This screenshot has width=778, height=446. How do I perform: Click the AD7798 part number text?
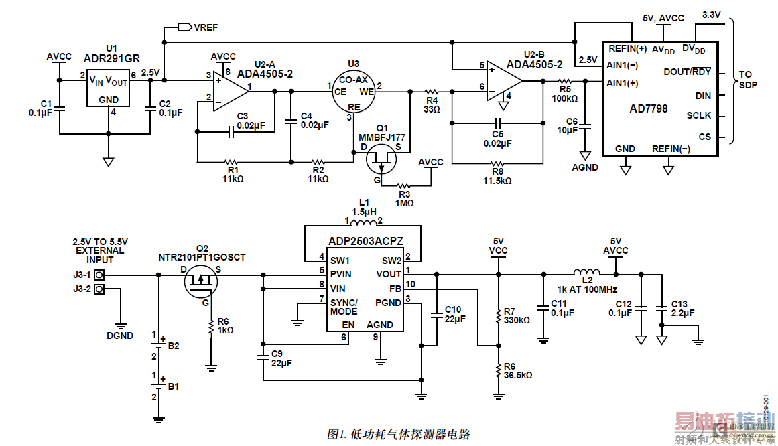coord(649,108)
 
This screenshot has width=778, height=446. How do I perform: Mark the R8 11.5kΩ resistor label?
coord(497,176)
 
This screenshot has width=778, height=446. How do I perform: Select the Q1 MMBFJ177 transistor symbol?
coord(380,160)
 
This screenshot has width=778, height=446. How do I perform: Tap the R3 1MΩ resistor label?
coord(404,199)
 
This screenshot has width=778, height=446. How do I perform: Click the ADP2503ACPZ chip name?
coord(365,240)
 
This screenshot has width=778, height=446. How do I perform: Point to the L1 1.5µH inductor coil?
coord(364,222)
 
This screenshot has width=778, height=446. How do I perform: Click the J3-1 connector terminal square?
coord(100,275)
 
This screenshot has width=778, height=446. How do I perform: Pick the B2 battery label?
coord(174,346)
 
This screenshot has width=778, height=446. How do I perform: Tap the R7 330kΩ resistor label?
coord(516,316)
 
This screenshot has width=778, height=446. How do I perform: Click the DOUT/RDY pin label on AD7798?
coord(688,72)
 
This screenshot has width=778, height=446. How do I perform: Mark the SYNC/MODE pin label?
coord(343,307)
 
